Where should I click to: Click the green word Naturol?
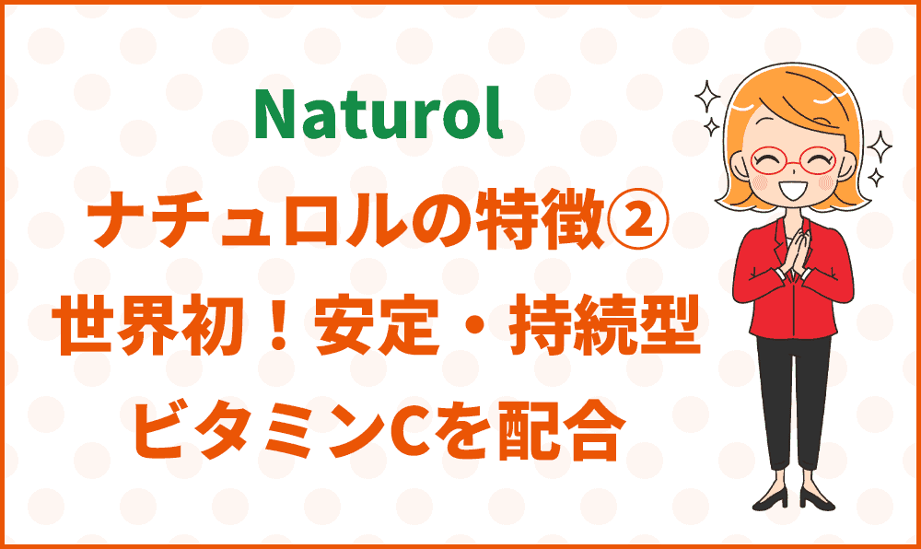[379, 114]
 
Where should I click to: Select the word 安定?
[377, 326]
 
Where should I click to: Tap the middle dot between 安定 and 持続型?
[473, 326]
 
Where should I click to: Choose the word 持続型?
[605, 326]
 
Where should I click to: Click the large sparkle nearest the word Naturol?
[706, 96]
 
